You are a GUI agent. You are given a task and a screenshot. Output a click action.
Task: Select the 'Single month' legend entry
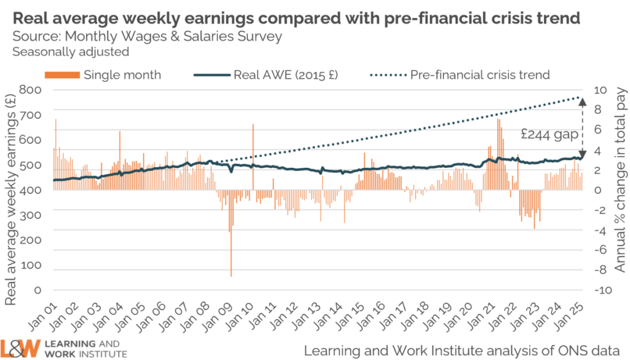click(x=122, y=75)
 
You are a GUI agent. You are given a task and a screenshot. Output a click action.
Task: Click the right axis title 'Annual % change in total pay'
click(x=620, y=185)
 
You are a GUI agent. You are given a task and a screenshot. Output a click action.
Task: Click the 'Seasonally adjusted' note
click(x=71, y=52)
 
